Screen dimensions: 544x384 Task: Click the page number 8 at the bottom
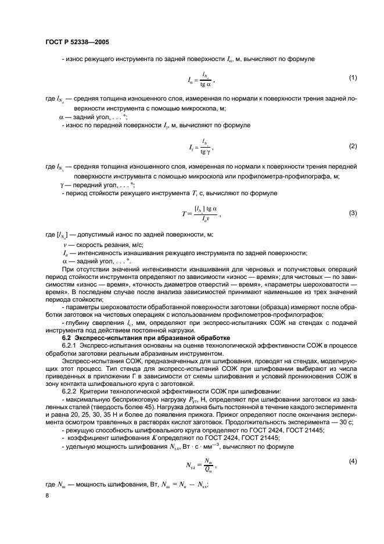[47, 495]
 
